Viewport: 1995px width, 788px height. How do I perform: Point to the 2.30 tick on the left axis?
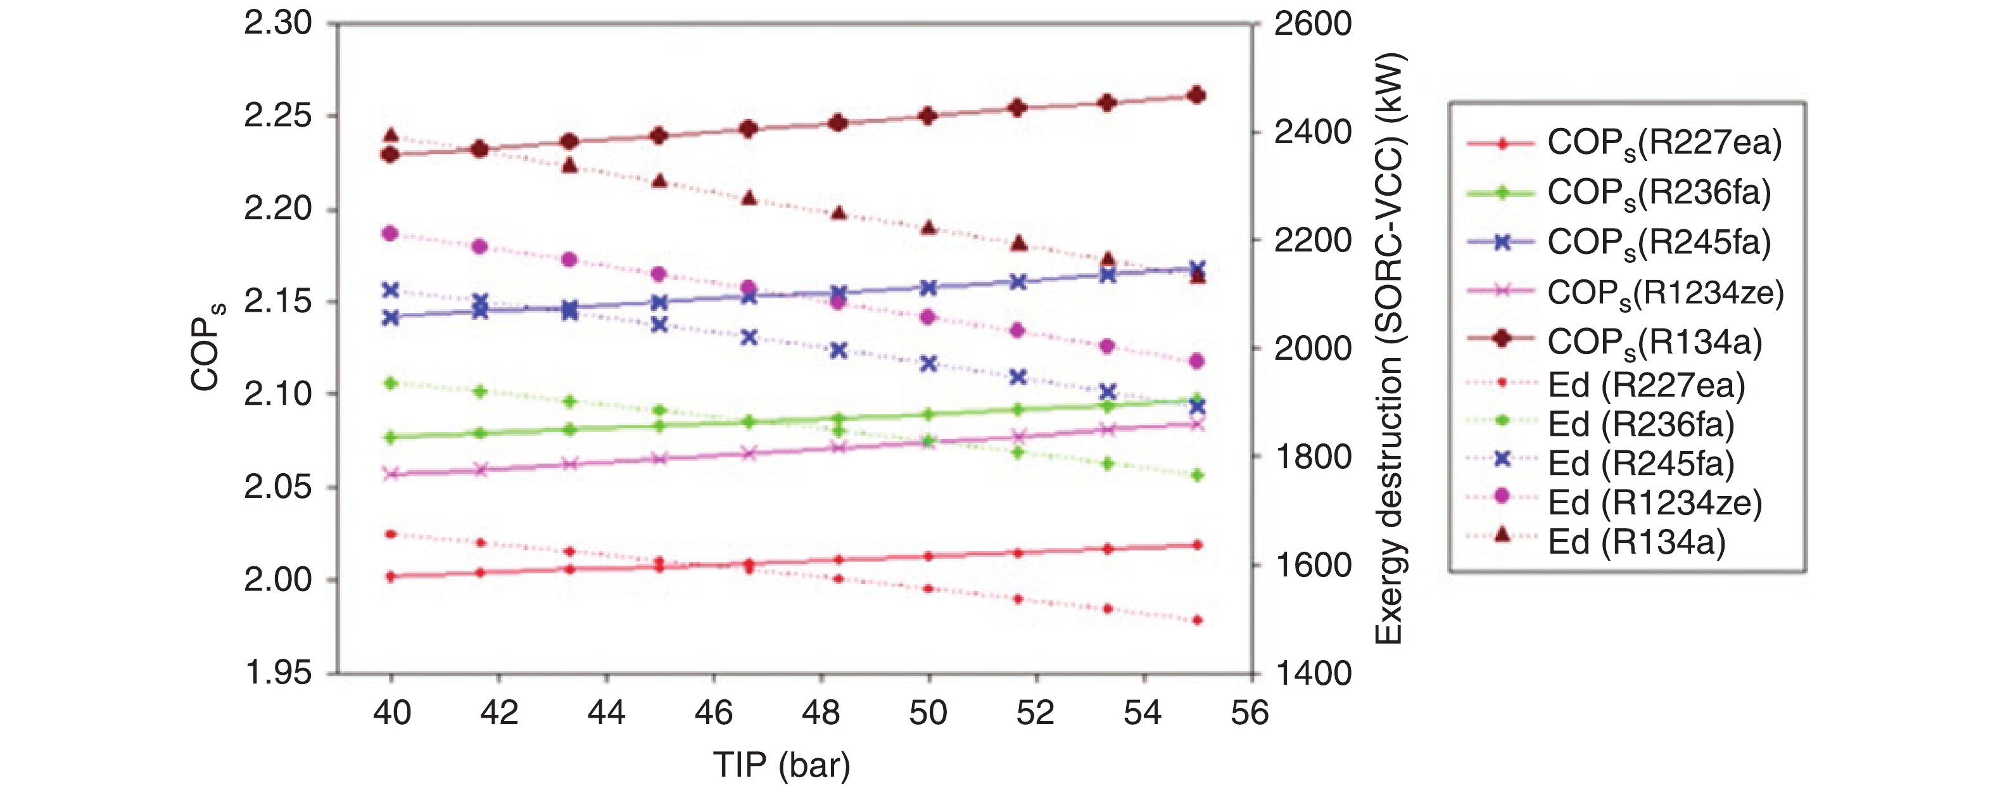278,24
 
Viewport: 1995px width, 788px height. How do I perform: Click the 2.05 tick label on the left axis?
278,487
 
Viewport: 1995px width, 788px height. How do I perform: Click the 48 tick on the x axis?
821,712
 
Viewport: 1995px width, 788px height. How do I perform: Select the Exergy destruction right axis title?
1390,348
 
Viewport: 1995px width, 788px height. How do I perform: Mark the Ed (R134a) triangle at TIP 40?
391,136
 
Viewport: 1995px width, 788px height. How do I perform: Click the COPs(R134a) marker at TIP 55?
1196,95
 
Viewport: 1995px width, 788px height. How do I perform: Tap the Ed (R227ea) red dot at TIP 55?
1197,621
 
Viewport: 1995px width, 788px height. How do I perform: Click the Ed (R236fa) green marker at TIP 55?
1197,475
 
